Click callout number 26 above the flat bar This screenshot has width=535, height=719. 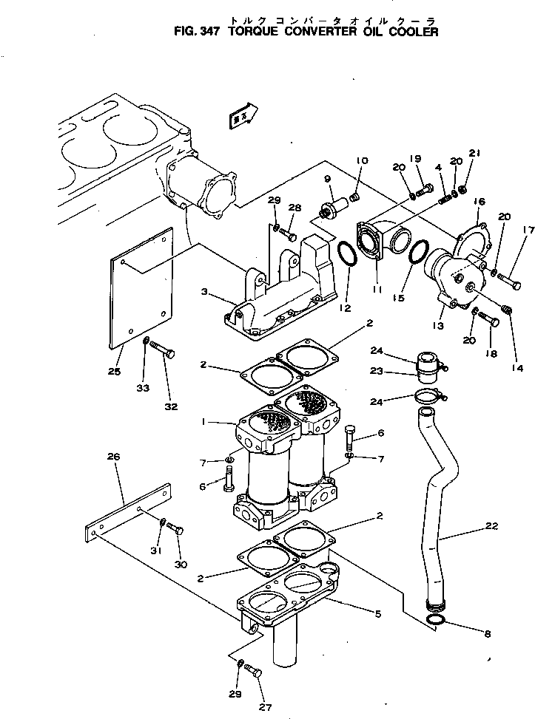click(x=113, y=457)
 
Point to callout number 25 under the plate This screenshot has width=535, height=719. click(x=113, y=372)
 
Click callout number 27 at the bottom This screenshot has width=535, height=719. click(x=264, y=707)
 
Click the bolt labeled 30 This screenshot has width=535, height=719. click(x=175, y=528)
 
